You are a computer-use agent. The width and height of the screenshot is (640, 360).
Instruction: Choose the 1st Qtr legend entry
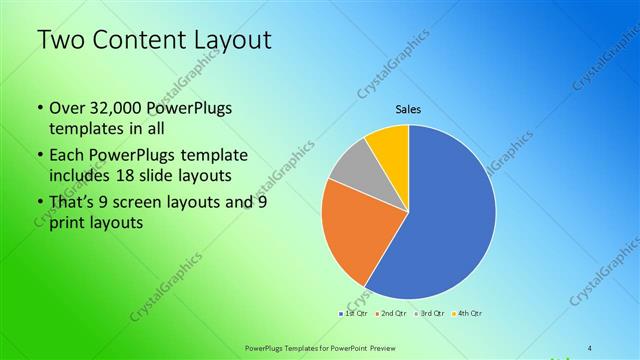pos(354,313)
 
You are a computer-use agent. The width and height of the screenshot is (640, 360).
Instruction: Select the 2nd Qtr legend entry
pos(394,313)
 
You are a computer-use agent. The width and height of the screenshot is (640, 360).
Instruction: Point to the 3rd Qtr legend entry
pos(432,313)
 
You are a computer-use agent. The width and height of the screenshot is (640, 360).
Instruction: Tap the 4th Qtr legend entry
pos(471,313)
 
